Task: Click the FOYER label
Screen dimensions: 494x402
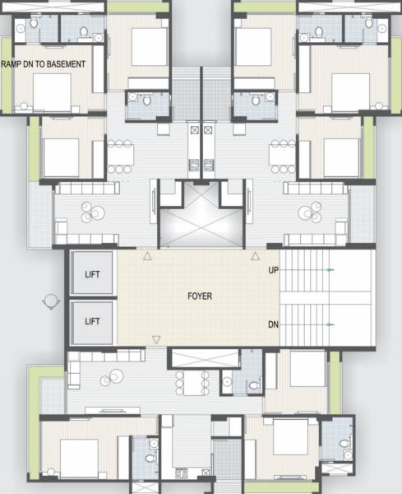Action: coord(200,296)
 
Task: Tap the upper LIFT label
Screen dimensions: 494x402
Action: coord(93,274)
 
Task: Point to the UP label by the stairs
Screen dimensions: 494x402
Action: coord(273,270)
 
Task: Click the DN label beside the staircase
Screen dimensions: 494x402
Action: coord(273,325)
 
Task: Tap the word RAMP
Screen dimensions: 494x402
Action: coord(12,64)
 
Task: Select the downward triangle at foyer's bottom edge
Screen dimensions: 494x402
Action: coord(156,339)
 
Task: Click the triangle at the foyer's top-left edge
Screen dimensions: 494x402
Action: coord(147,256)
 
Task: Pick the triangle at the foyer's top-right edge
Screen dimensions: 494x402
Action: coord(254,256)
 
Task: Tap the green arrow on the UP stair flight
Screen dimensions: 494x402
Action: coord(330,270)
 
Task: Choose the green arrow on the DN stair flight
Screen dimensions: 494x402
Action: coord(330,325)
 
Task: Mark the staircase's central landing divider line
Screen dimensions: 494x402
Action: coord(327,297)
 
